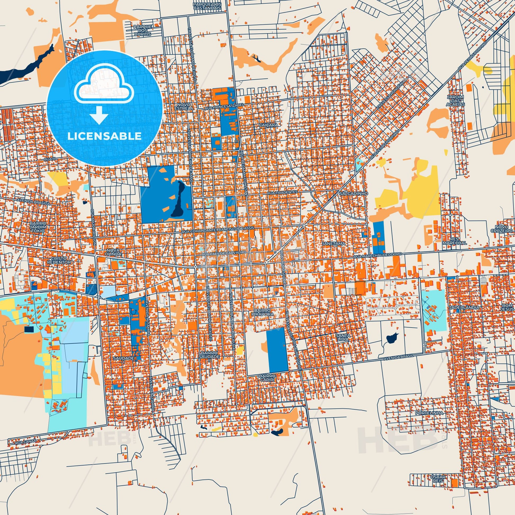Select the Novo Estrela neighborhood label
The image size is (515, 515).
(184, 106)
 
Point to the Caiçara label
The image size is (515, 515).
(268, 124)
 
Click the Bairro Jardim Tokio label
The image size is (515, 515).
(38, 227)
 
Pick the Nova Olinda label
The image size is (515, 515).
(114, 252)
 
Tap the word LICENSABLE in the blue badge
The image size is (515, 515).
(105, 136)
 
